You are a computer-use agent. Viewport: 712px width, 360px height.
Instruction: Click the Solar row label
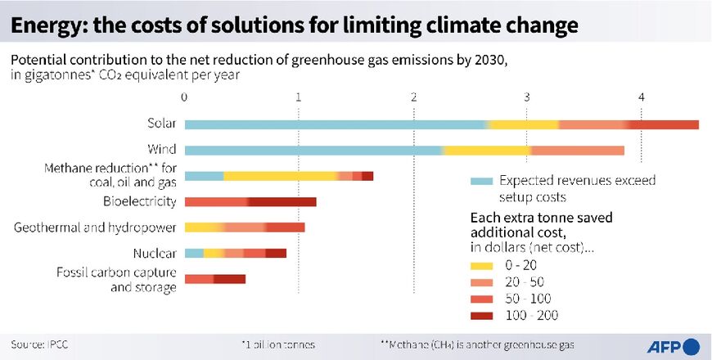click(160, 124)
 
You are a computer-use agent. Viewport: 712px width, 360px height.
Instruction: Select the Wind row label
click(162, 150)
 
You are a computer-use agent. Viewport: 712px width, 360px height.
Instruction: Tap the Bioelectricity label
click(139, 201)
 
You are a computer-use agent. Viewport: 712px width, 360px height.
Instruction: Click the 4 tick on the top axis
click(641, 98)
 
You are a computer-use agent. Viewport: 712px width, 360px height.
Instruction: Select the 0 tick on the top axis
click(185, 98)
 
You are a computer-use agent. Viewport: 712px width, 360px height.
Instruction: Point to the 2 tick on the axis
click(414, 98)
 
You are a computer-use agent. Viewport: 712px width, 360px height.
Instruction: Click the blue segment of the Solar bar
click(336, 124)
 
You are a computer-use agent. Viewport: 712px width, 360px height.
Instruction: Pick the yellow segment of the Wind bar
click(486, 151)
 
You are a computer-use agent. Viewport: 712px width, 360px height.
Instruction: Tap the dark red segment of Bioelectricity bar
click(282, 202)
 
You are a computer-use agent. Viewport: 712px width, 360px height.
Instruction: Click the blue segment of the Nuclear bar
click(194, 254)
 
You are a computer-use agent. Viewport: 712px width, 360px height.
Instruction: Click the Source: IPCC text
click(39, 345)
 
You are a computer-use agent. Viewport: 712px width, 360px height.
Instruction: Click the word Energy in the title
click(46, 25)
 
